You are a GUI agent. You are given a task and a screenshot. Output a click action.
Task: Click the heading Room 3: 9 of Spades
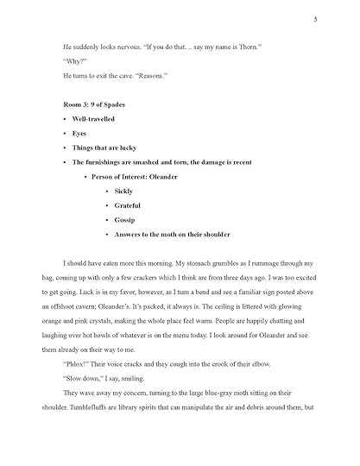(102, 104)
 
